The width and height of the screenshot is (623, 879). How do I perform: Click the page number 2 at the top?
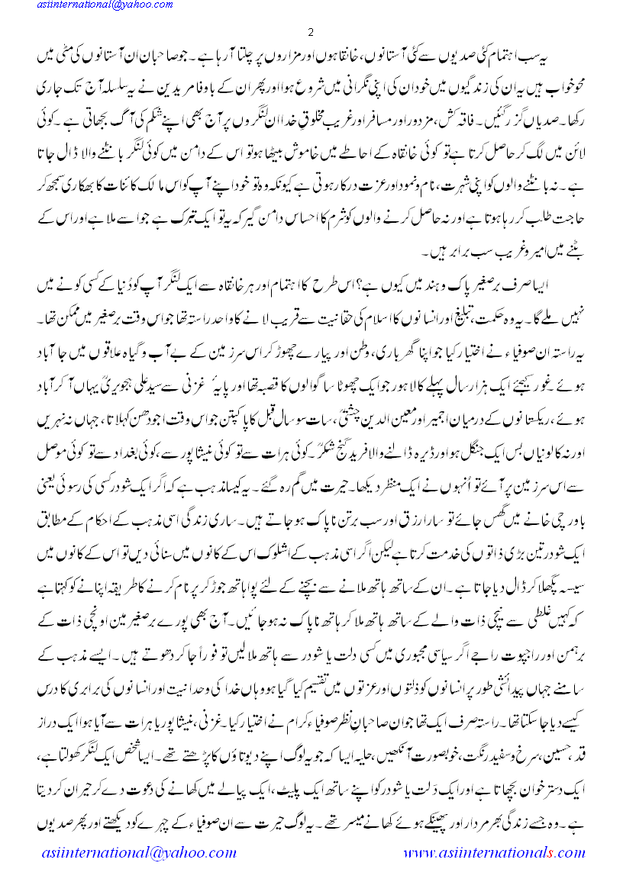311,32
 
